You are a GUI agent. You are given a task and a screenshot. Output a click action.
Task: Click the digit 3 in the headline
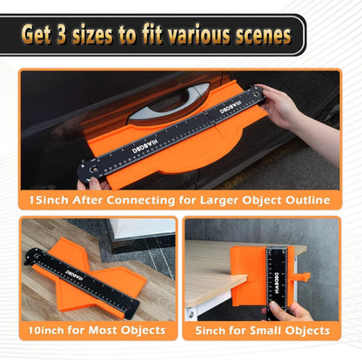pyautogui.click(x=61, y=36)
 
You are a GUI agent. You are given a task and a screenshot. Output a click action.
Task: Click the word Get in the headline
pyautogui.click(x=36, y=35)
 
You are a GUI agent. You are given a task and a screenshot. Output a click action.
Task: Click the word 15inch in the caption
pyautogui.click(x=49, y=200)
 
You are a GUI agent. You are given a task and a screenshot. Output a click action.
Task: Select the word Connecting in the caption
pyautogui.click(x=141, y=200)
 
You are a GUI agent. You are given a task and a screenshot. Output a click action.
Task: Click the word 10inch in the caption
pyautogui.click(x=46, y=330)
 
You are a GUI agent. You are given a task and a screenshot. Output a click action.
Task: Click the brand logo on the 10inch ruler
pyautogui.click(x=74, y=275)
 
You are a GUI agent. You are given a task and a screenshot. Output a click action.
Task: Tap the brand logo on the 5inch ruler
pyautogui.click(x=277, y=283)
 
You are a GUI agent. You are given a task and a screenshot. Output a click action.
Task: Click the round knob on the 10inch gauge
pyautogui.click(x=37, y=255)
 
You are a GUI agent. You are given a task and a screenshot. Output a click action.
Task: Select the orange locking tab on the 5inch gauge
pyautogui.click(x=303, y=277)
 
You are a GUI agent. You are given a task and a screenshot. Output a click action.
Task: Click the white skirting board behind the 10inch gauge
pyautogui.click(x=142, y=229)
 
